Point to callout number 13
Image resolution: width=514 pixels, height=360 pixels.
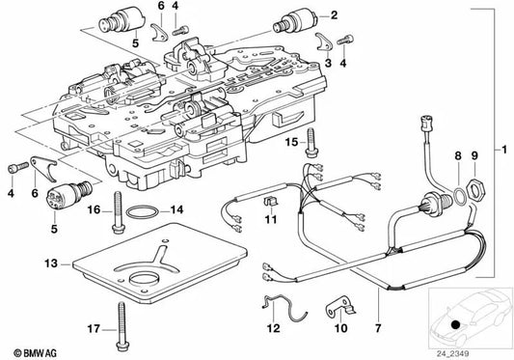(50, 262)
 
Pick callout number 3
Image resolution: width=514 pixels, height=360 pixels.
(329, 61)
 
